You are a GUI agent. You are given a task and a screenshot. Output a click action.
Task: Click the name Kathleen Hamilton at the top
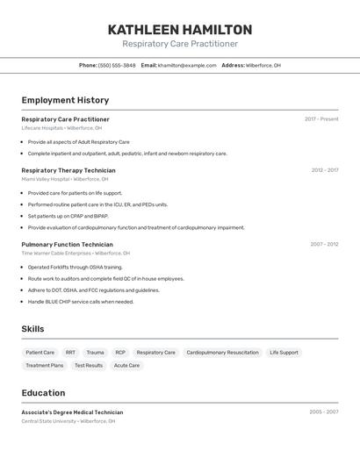(x=179, y=30)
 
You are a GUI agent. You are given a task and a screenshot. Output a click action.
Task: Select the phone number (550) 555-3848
(x=117, y=65)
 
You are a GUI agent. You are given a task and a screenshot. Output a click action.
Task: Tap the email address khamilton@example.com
(x=187, y=65)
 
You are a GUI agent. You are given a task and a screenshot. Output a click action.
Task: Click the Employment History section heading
(x=65, y=100)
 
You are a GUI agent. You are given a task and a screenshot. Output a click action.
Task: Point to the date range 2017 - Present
(x=321, y=119)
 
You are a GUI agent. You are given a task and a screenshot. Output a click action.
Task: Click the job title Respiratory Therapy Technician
(x=68, y=170)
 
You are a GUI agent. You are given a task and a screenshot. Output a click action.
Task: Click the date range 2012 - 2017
(x=324, y=170)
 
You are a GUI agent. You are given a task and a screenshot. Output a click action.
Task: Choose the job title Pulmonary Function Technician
(x=67, y=245)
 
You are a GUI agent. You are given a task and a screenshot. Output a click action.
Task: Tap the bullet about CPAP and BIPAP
(x=68, y=216)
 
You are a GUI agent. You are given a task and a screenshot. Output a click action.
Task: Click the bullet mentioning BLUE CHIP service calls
(x=81, y=302)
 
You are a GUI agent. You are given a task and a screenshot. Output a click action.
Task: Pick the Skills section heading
(x=33, y=329)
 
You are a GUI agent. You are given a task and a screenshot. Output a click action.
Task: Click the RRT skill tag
(x=70, y=353)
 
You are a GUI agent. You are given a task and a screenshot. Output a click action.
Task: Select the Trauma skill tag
(x=95, y=353)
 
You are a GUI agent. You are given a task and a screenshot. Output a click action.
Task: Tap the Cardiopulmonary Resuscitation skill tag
(x=222, y=353)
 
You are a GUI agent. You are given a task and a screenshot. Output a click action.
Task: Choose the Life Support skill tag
(x=284, y=353)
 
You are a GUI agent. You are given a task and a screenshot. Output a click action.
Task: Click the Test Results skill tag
(x=89, y=365)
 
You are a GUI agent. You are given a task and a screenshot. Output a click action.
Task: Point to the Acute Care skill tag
(x=126, y=365)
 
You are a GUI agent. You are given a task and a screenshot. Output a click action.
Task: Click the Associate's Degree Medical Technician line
(x=72, y=411)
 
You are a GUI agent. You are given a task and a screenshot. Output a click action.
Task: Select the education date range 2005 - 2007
(x=324, y=411)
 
